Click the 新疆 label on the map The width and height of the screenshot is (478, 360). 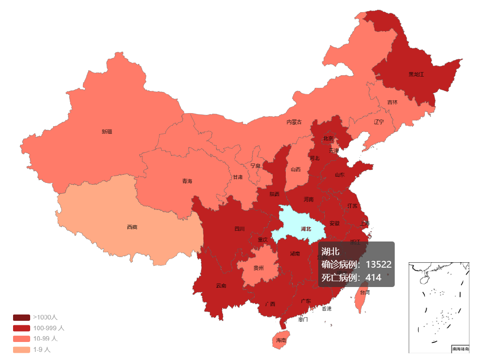point(107,132)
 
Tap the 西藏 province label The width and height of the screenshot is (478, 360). point(132,227)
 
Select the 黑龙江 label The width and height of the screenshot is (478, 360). point(416,74)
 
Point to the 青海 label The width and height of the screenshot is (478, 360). point(187,181)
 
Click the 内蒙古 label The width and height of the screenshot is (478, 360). point(294,122)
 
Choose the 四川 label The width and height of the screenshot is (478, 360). point(239,229)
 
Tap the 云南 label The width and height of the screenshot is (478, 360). point(221,286)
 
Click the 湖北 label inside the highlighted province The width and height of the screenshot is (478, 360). point(306,229)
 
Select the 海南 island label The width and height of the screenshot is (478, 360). point(281,340)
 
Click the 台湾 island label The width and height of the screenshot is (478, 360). point(365,292)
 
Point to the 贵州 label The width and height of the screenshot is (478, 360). point(258,268)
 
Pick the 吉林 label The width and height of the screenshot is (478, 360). point(392,102)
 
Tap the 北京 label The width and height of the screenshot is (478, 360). point(328,138)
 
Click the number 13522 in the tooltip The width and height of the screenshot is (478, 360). point(378,264)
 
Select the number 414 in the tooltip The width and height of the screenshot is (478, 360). point(373,278)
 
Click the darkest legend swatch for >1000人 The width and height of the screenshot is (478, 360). point(22,318)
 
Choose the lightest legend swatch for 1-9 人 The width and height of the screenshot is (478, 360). point(22,350)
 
